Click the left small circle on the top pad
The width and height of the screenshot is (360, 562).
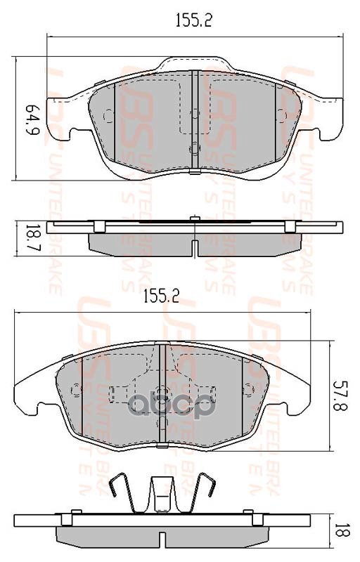[108, 116]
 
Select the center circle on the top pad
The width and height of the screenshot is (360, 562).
[193, 114]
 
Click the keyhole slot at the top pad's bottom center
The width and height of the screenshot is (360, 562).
[193, 148]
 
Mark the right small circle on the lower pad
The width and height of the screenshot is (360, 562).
[247, 389]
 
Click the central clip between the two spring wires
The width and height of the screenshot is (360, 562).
[162, 491]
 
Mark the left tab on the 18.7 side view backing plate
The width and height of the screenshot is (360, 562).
[101, 226]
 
